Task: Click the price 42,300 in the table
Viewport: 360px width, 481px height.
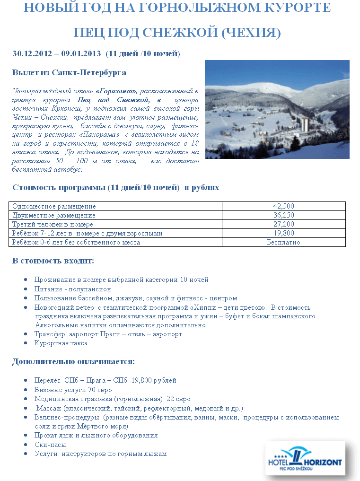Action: click(283, 206)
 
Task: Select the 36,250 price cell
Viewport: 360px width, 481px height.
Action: click(283, 215)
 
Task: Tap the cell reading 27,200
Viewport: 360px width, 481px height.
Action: click(283, 224)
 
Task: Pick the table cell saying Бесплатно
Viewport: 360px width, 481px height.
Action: click(283, 242)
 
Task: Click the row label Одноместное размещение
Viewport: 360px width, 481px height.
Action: click(54, 206)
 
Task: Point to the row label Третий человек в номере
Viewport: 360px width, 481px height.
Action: click(53, 224)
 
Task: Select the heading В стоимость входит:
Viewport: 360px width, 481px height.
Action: click(53, 261)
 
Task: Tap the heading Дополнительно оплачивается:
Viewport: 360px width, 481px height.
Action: click(73, 361)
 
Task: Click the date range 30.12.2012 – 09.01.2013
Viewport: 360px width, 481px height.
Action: click(57, 53)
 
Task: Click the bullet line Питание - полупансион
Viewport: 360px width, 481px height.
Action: click(72, 289)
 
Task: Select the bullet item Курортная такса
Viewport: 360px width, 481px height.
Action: click(61, 343)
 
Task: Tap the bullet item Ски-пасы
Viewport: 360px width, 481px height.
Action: click(50, 445)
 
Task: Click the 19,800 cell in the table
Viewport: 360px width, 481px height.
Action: click(283, 233)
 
